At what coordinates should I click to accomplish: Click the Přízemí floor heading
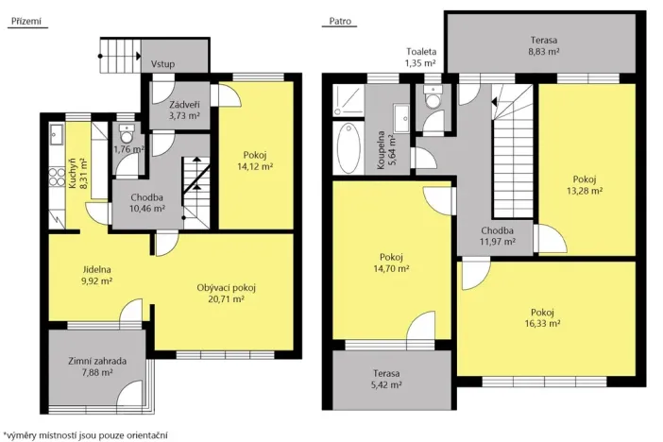click(x=26, y=21)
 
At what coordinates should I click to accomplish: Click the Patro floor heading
click(x=340, y=21)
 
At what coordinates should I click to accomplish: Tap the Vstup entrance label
click(x=162, y=64)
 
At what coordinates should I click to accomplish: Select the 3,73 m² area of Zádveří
click(x=184, y=116)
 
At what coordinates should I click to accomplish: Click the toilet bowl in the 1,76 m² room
click(x=127, y=134)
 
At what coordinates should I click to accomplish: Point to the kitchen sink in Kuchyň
click(x=57, y=134)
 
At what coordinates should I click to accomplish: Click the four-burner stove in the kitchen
click(x=57, y=178)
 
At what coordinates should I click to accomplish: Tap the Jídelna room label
click(x=97, y=269)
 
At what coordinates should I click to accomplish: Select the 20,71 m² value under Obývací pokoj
click(x=227, y=299)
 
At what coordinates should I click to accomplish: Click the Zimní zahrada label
click(x=97, y=361)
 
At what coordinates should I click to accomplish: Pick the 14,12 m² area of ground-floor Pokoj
click(x=255, y=166)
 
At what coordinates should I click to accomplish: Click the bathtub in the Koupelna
click(x=348, y=147)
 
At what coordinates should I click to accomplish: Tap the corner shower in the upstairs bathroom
click(x=348, y=100)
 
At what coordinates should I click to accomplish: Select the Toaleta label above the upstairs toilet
click(x=421, y=52)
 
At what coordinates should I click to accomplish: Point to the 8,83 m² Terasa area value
click(x=544, y=52)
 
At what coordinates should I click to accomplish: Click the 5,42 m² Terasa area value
click(x=387, y=385)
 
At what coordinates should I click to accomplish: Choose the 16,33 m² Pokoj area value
click(x=542, y=324)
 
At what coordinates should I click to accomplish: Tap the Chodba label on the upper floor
click(x=497, y=230)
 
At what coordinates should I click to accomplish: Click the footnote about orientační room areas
click(x=86, y=435)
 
